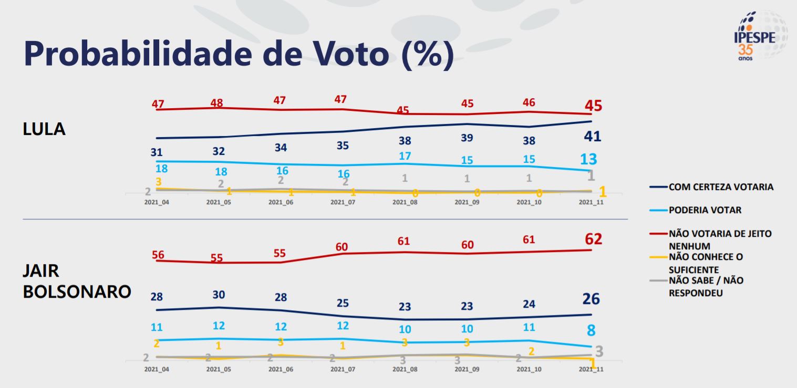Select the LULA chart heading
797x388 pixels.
point(44,129)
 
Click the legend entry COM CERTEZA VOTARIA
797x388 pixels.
point(721,187)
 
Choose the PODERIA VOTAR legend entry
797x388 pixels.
point(705,210)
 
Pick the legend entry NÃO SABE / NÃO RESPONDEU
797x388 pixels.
point(706,287)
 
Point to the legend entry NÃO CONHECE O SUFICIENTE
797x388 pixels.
point(706,263)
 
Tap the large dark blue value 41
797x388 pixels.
point(592,137)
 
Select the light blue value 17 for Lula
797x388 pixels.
point(405,156)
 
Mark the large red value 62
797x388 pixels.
point(593,239)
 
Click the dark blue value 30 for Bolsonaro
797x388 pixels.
point(219,294)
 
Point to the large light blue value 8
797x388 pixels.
point(591,331)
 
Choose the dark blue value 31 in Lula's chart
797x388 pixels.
point(157,152)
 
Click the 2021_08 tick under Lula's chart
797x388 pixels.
point(405,202)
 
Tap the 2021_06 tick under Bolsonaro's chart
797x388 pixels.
point(281,369)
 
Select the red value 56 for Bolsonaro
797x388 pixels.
point(158,255)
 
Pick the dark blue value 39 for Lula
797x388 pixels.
point(467,138)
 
